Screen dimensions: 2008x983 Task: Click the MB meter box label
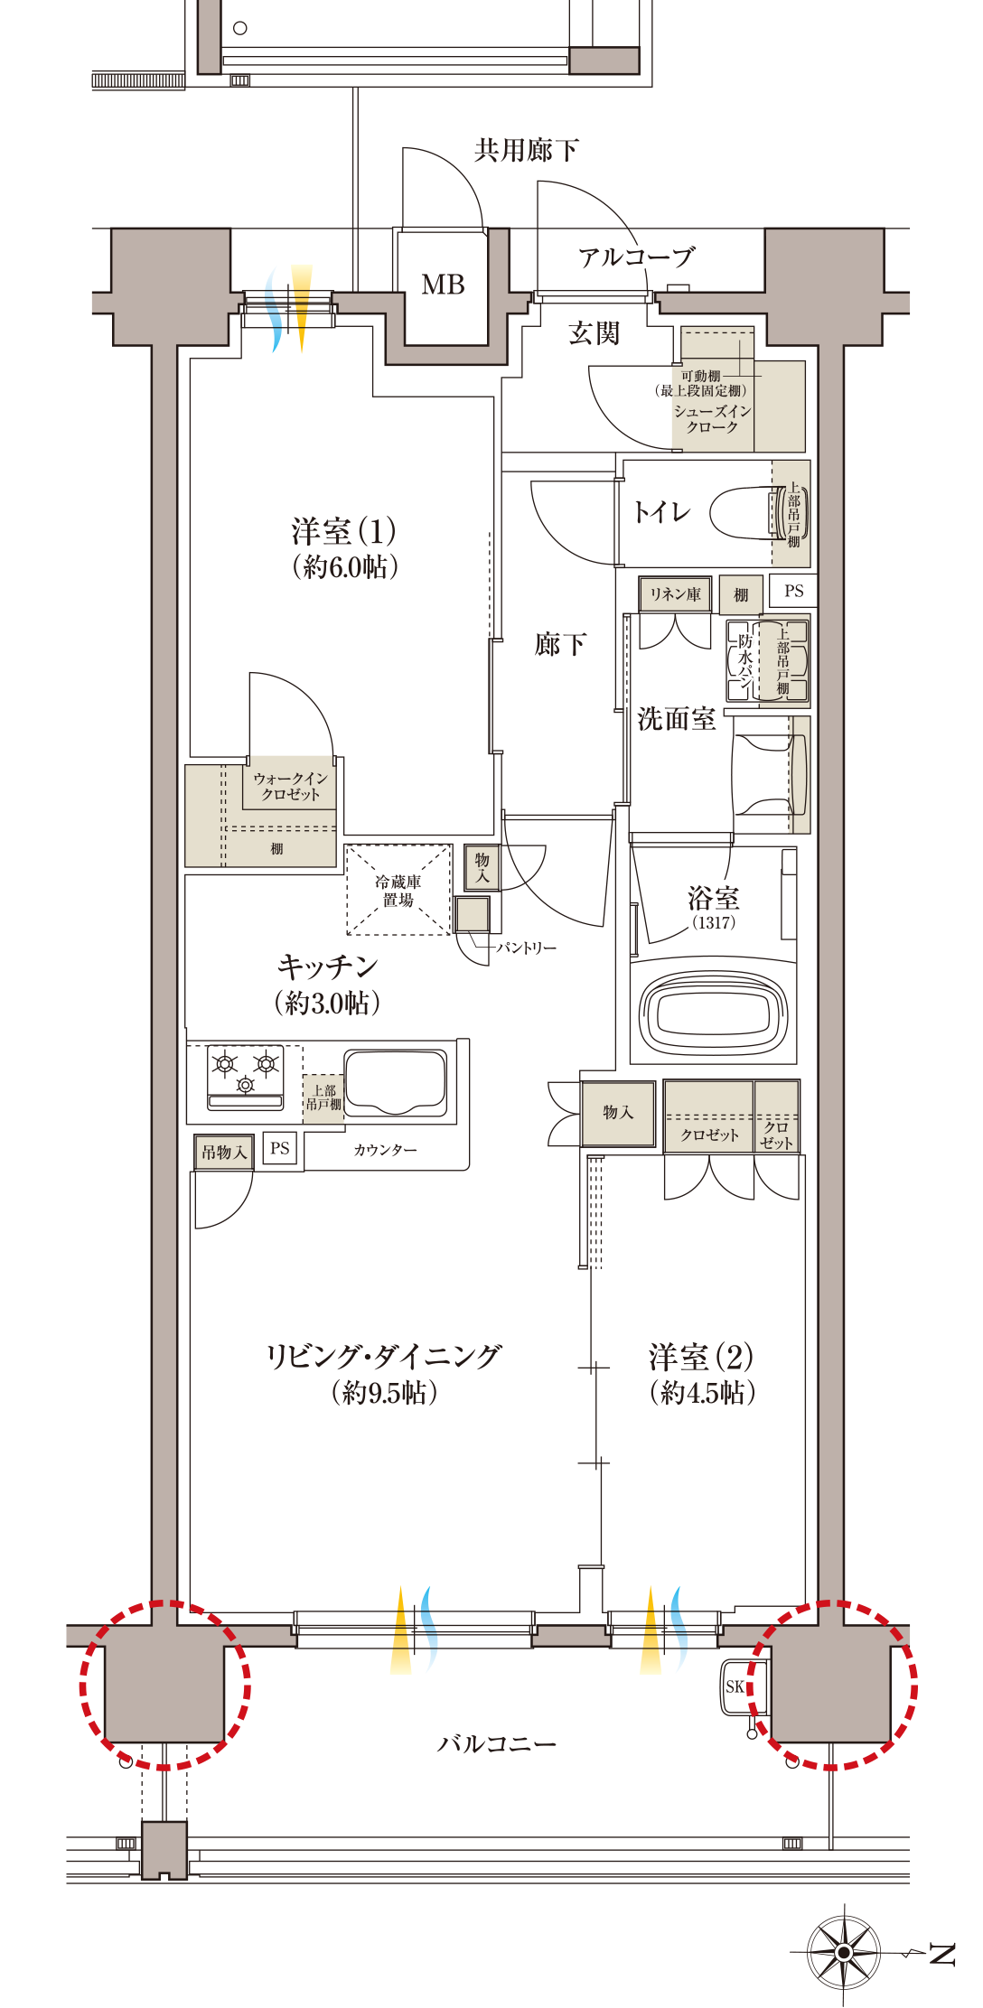[443, 285]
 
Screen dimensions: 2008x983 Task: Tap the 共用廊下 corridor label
[526, 150]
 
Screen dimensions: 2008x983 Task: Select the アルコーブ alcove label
[636, 257]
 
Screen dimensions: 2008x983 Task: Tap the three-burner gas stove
[245, 1075]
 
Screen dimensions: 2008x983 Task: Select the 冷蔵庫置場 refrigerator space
[398, 891]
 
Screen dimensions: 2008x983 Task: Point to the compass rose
[843, 1952]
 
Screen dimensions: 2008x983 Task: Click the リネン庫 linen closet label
[675, 594]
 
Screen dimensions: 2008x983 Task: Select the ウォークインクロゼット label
[290, 786]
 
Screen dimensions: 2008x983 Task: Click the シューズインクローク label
[712, 419]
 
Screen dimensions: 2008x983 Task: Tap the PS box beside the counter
[280, 1148]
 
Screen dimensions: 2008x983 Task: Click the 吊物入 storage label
[223, 1152]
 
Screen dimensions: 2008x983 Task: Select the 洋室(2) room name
[700, 1357]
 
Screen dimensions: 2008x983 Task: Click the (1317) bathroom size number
[714, 922]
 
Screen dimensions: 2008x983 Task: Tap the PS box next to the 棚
[793, 591]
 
